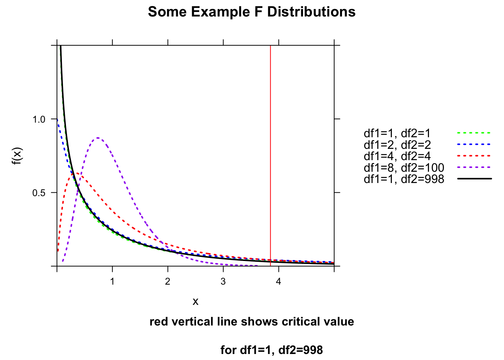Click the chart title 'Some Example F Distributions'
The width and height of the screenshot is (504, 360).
point(252,12)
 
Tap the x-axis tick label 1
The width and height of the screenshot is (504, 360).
point(112,282)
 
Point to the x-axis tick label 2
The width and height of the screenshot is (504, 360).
point(168,282)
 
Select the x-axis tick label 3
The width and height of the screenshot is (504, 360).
point(223,282)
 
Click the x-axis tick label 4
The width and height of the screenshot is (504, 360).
point(279,282)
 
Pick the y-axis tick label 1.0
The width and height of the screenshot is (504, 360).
point(39,119)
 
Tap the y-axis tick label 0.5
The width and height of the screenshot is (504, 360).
point(39,193)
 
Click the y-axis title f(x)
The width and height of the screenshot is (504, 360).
point(17,156)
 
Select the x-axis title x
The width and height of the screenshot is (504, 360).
point(195,301)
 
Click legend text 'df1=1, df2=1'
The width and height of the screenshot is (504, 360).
point(397,133)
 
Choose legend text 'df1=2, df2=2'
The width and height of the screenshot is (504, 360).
point(397,145)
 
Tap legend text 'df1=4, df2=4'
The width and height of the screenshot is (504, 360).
point(397,156)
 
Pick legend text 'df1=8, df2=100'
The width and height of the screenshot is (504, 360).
point(404,168)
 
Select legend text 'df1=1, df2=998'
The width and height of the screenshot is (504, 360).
point(404,179)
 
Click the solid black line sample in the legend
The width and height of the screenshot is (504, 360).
point(474,179)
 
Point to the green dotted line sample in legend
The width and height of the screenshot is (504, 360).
point(474,133)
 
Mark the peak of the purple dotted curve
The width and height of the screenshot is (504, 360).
point(97,138)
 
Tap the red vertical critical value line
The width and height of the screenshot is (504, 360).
point(270,150)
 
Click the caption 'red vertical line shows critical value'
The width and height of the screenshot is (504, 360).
point(252,322)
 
